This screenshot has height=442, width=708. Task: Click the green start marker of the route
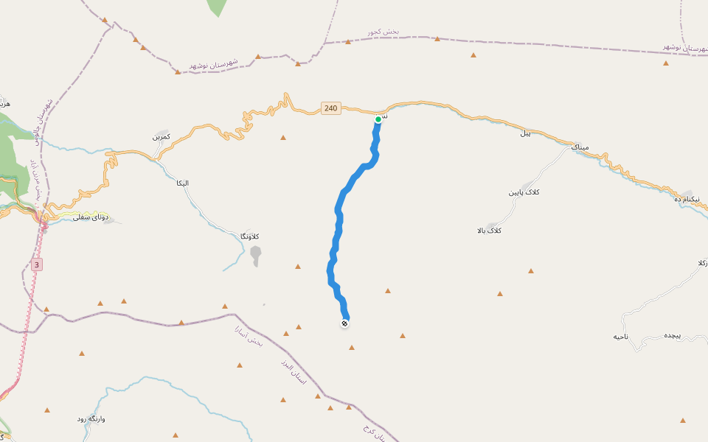[x=378, y=119]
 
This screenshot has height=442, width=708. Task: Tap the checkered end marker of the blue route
[x=344, y=323]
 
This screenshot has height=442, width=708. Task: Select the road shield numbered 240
[x=330, y=108]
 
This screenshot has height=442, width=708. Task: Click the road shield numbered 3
[x=37, y=264]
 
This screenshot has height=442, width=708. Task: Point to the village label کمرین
[x=162, y=137]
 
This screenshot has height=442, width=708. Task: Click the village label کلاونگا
[x=249, y=236]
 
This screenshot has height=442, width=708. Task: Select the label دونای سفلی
[x=91, y=217]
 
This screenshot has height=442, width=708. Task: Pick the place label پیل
[x=526, y=133]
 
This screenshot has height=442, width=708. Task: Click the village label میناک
[x=580, y=147]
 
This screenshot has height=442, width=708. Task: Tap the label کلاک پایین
[x=524, y=192]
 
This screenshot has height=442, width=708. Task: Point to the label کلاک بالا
[x=490, y=231]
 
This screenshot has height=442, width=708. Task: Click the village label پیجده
[x=670, y=335]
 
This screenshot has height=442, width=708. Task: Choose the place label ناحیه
[x=621, y=337]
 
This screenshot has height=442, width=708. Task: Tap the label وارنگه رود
[x=91, y=418]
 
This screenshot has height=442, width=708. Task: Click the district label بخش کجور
[x=383, y=32]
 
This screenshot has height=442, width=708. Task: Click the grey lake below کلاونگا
[x=255, y=256]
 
